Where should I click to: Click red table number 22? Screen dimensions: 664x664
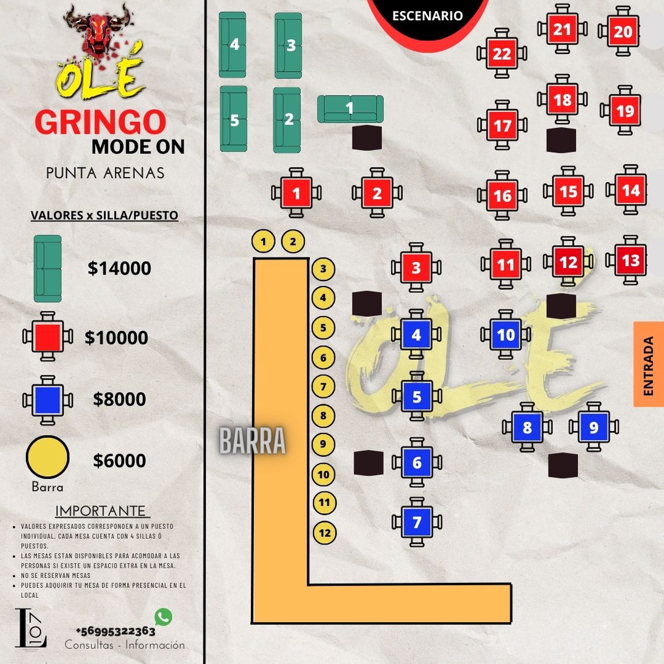502,53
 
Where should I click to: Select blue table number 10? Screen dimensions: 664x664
506,334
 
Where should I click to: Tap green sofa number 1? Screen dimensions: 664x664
350,109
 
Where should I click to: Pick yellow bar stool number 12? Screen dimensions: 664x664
325,533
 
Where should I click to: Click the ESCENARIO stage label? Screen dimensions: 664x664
427,16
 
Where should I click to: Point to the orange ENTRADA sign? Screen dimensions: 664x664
648,364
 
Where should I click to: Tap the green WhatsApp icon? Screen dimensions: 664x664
163,617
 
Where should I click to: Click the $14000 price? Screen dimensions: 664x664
119,268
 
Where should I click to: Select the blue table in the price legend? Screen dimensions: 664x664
47,400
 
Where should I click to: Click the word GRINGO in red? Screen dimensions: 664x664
100,122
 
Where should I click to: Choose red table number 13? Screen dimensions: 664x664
630,261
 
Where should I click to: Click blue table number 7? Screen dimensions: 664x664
417,522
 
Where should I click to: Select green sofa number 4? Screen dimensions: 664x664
232,45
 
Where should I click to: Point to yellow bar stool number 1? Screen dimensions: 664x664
263,241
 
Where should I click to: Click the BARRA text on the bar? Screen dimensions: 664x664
252,440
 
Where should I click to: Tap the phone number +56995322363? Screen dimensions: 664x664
116,631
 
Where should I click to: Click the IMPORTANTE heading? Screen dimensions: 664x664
101,511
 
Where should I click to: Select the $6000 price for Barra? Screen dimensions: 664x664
119,461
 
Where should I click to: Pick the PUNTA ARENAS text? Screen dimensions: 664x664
105,173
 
